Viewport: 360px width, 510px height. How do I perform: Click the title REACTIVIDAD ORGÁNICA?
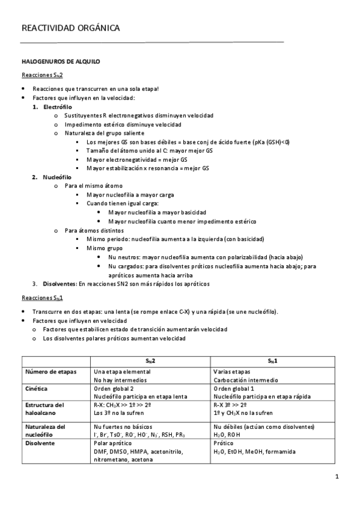70,28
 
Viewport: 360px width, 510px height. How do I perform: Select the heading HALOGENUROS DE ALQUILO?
61,61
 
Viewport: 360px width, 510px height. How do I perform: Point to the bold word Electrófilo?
57,106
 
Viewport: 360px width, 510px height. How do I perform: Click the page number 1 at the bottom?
338,477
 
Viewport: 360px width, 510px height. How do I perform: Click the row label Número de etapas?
51,372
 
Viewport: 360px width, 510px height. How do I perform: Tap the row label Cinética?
37,389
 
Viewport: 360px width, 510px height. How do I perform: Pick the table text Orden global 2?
114,389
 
